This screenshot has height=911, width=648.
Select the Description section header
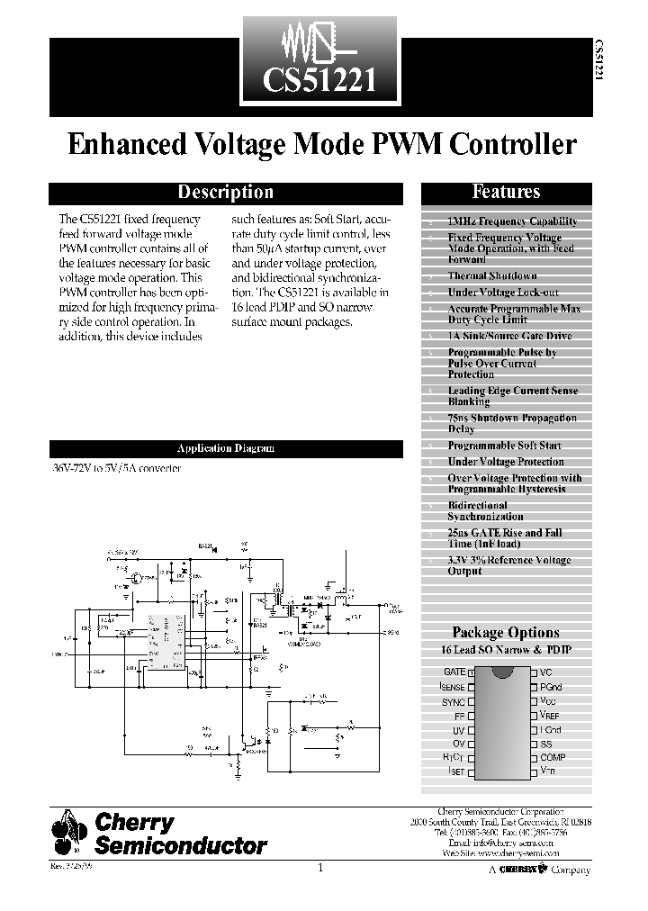(225, 192)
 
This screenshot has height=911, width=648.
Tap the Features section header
(506, 192)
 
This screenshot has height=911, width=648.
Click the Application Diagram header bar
(225, 448)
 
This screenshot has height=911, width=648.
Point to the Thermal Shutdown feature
(491, 275)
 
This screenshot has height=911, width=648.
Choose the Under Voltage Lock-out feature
(502, 293)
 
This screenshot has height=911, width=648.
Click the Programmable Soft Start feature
(504, 446)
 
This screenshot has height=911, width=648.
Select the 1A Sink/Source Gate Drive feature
(509, 336)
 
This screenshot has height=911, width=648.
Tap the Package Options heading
(505, 632)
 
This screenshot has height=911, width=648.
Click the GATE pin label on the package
(454, 672)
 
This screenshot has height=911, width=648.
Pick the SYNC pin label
(453, 701)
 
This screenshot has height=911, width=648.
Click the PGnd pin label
(551, 687)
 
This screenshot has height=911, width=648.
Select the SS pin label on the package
(545, 744)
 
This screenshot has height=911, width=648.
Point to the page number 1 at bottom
(320, 868)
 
